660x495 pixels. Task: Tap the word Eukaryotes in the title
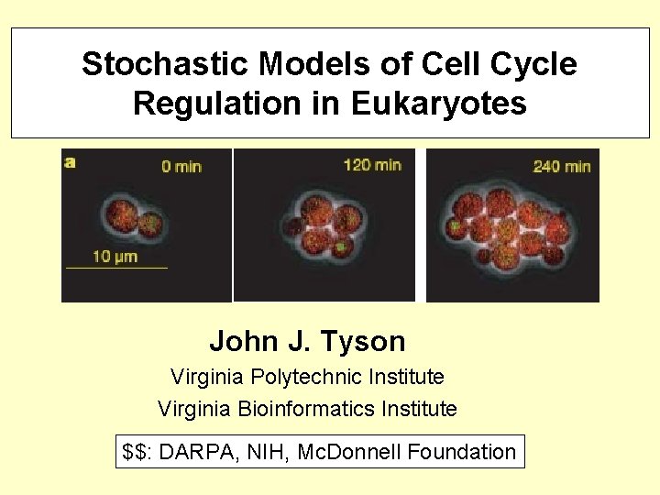439,104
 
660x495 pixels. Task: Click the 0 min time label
181,166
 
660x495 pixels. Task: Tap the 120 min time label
372,165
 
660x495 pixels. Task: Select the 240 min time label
562,166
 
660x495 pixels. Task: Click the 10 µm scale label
115,256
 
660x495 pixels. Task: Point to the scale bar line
116,268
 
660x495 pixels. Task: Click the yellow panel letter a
71,162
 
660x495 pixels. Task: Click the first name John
244,342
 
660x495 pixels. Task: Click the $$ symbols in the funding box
135,452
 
